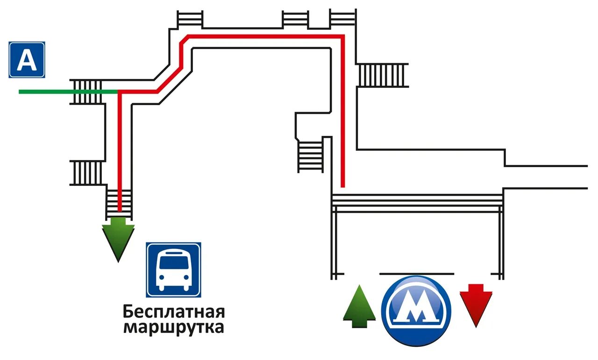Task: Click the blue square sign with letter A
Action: pyautogui.click(x=27, y=60)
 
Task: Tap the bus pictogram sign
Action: pyautogui.click(x=174, y=270)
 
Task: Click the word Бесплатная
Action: pyautogui.click(x=174, y=311)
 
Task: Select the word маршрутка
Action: pyautogui.click(x=174, y=327)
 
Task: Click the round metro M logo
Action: pyautogui.click(x=416, y=311)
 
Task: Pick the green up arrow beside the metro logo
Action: pyautogui.click(x=359, y=306)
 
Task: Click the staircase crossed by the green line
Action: pyautogui.click(x=88, y=92)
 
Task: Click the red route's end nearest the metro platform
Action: pyautogui.click(x=342, y=185)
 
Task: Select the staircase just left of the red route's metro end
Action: pyautogui.click(x=311, y=156)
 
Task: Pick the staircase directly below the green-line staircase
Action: pyautogui.click(x=87, y=173)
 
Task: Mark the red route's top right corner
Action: pyautogui.click(x=342, y=36)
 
